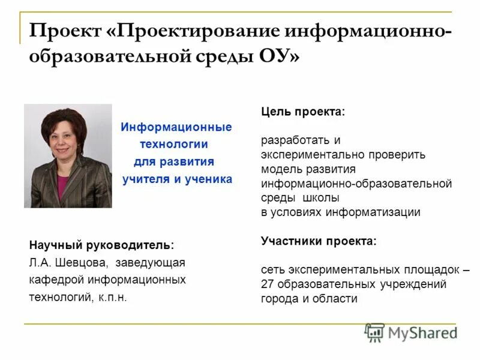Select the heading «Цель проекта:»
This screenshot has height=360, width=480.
(303, 112)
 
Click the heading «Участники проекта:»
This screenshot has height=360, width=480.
(319, 241)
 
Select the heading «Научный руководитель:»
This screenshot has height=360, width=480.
(101, 245)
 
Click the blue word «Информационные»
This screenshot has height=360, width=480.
(176, 127)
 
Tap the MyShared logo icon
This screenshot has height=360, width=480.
(375, 332)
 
